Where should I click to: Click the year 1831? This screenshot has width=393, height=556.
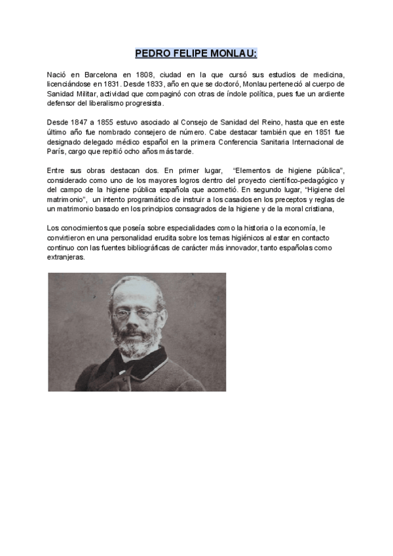click(107, 85)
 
